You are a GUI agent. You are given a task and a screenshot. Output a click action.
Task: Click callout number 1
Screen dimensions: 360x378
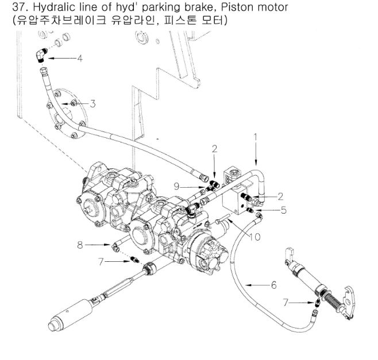tap(256, 138)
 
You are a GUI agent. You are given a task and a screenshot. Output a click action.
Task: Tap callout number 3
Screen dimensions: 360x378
tap(92, 104)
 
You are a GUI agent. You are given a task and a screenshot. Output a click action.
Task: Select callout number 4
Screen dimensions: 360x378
tap(80, 59)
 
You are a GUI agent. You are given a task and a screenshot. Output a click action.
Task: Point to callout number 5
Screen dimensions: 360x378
tap(284, 210)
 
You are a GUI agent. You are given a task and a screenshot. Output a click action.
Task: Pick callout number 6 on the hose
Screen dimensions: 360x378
tap(273, 284)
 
